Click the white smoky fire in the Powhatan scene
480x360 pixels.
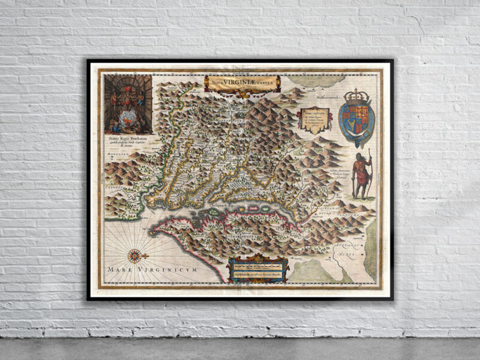pos(128,115)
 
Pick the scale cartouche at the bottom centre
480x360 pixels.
pos(259,269)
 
